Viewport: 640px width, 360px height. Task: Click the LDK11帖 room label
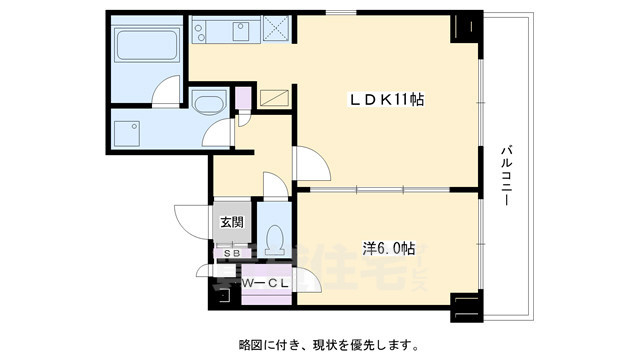[385, 99]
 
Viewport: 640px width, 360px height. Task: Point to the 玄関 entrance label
[231, 222]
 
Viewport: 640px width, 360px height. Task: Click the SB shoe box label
[231, 254]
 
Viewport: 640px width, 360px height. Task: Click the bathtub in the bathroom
[144, 46]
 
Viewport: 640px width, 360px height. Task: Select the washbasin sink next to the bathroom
[208, 105]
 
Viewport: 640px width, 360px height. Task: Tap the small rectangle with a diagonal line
[272, 98]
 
